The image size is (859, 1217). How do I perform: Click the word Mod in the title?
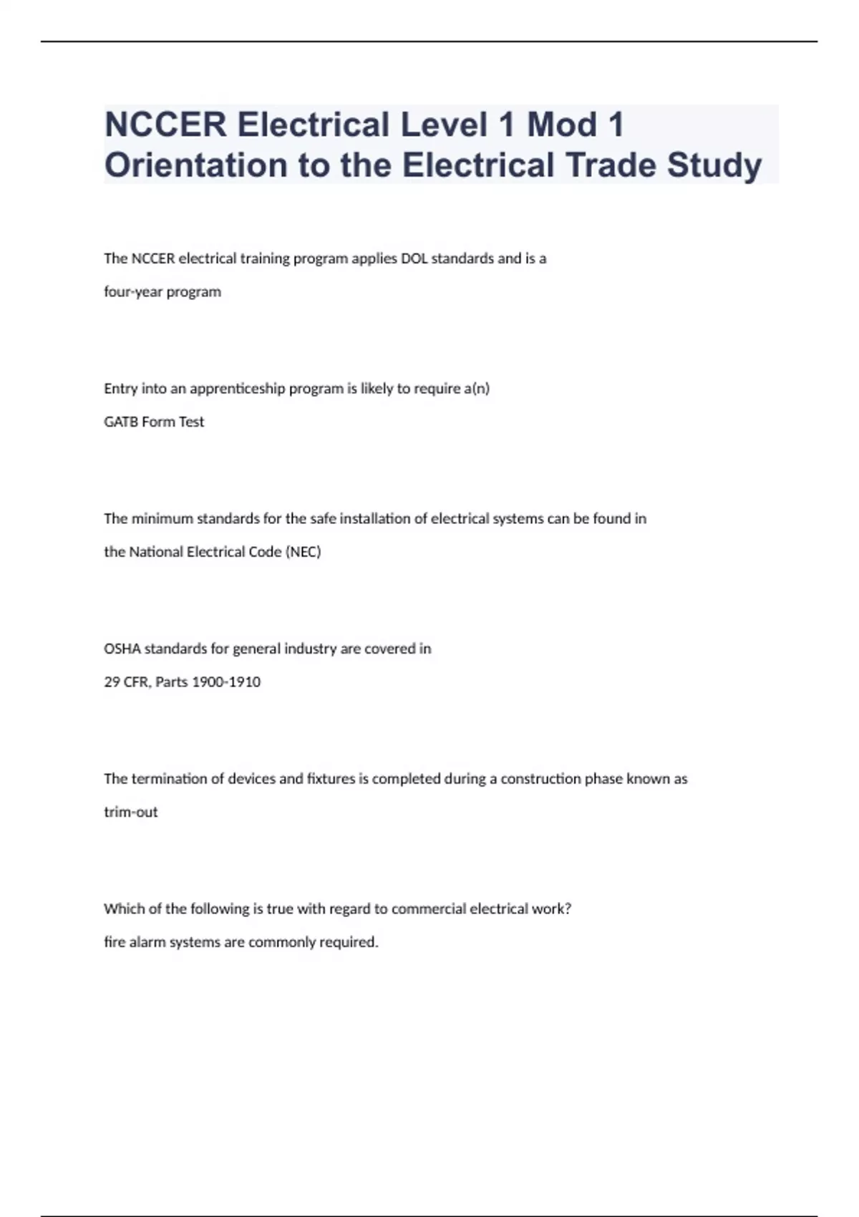pos(562,125)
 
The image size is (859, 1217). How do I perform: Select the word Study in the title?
pos(714,165)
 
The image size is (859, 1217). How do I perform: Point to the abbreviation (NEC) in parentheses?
pos(304,552)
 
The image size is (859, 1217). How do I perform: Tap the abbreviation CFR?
pos(136,682)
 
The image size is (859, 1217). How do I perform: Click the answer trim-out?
pos(131,813)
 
